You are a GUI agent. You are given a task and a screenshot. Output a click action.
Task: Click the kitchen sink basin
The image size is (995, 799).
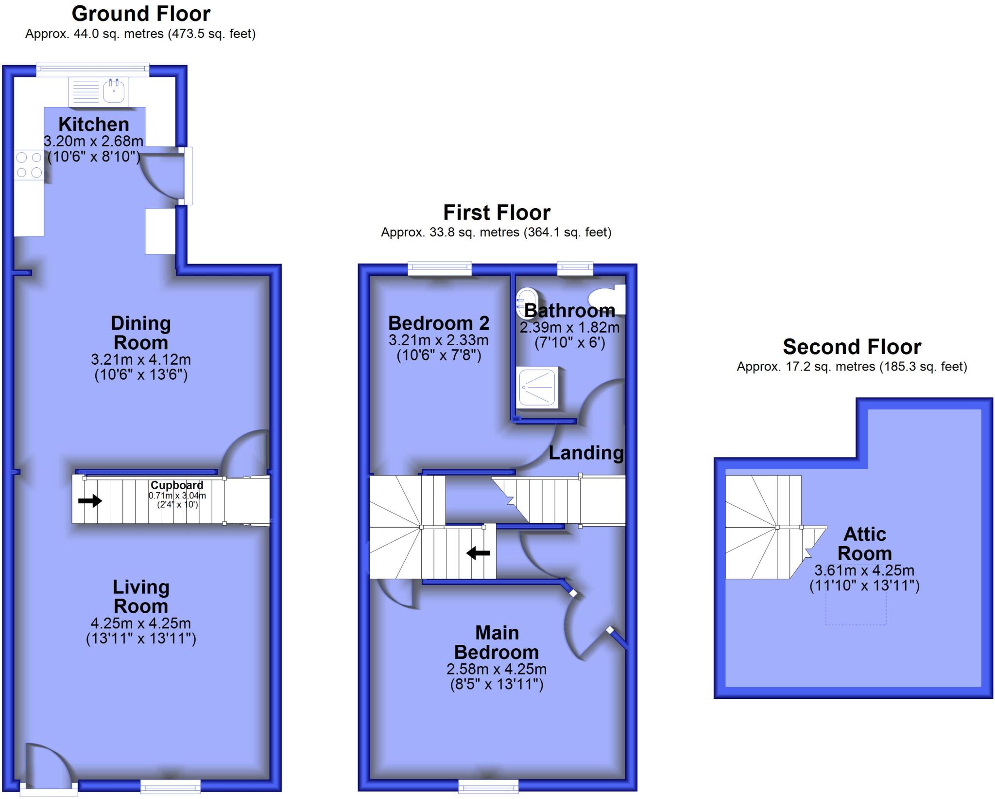(114, 91)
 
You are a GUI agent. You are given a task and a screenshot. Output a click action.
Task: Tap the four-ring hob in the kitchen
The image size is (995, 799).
(29, 165)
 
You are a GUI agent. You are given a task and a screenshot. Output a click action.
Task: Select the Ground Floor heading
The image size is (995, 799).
(141, 14)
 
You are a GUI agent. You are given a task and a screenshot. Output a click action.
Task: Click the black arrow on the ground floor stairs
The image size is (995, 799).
(90, 500)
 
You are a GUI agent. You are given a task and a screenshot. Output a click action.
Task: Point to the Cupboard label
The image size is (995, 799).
(177, 485)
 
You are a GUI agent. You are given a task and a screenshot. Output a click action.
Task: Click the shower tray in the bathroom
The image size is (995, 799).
(537, 388)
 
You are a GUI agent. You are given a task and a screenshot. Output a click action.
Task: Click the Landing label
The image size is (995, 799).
(586, 453)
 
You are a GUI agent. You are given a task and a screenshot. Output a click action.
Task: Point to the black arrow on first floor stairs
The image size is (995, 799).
(478, 553)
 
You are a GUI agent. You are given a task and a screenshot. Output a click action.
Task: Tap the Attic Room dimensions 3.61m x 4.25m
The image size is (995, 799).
(864, 570)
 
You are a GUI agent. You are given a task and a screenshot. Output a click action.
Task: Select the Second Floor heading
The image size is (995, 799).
(852, 347)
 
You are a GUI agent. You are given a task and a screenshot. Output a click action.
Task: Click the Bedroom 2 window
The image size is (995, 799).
(440, 268)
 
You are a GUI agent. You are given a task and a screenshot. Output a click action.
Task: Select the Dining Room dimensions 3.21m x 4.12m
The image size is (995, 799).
(140, 359)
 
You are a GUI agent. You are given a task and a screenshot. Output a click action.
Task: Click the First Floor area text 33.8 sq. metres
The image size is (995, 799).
(496, 232)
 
